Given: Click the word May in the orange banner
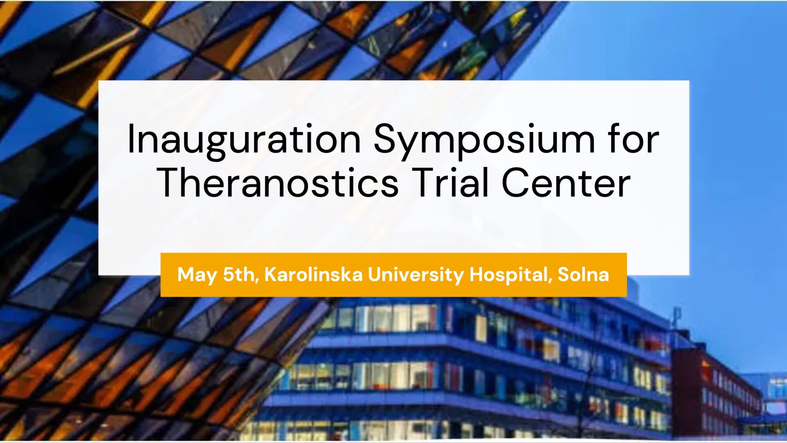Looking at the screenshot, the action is [197, 275].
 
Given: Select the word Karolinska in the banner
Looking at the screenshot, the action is [314, 274].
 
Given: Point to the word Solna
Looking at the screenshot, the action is [583, 274].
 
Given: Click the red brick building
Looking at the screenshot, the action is [715, 390].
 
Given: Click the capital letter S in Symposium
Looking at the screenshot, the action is [385, 139].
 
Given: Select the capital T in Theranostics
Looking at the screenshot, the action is [170, 182].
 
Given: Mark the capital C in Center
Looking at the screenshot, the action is [516, 182].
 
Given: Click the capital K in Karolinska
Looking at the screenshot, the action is [272, 274].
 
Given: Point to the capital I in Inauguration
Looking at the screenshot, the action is [131, 139].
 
